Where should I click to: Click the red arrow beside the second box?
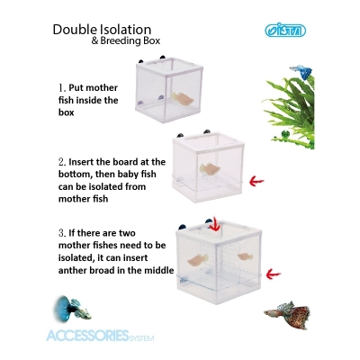pyautogui.click(x=256, y=180)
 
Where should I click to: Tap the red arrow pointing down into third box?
pyautogui.click(x=213, y=222)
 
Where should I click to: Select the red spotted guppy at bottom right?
pyautogui.click(x=287, y=316)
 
